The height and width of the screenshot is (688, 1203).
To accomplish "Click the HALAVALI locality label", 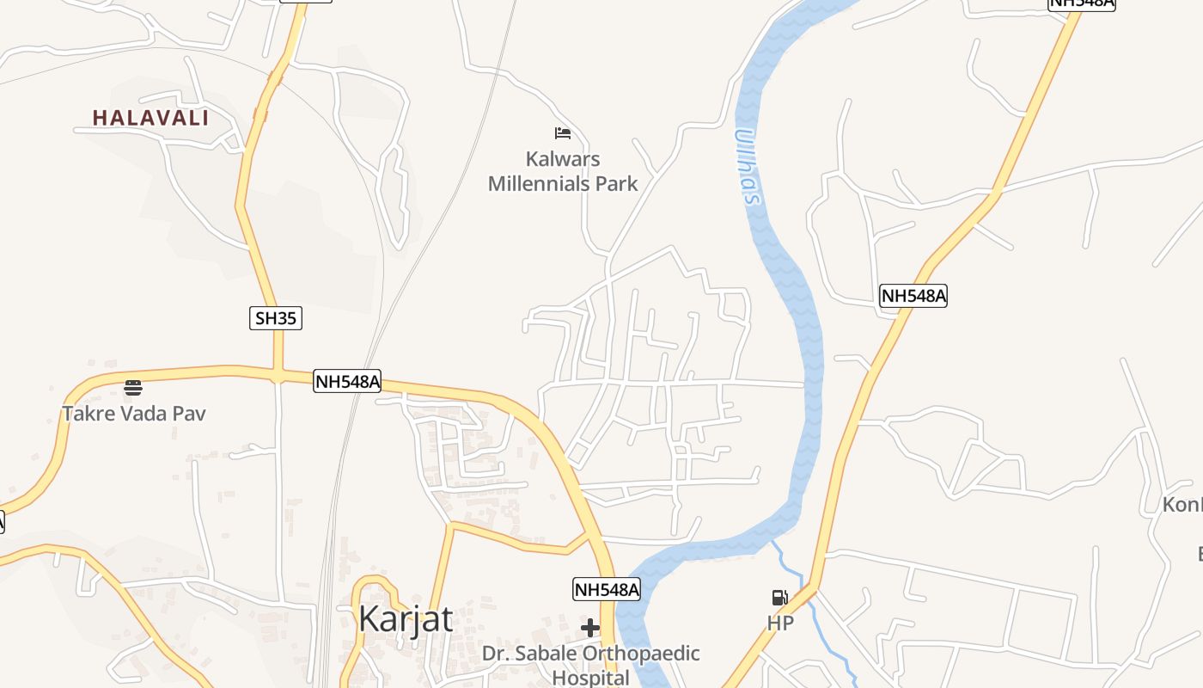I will pos(150,118).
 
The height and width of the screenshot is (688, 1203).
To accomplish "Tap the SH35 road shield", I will pos(277,318).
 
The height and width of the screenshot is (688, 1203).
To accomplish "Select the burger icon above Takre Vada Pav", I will pos(132,388).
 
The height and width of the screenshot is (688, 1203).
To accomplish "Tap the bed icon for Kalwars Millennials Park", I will pos(563,132).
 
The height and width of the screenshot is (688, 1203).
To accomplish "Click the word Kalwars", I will pos(563,159).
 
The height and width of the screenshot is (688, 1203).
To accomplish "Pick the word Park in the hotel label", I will pos(619,183).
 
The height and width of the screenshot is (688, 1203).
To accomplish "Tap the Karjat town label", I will pos(406,618).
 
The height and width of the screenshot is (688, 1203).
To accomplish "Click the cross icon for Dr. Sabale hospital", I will pos(590,628).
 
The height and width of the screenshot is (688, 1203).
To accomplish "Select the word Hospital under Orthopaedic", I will pos(590,677).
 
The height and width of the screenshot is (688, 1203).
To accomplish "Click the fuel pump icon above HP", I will pos(779,598).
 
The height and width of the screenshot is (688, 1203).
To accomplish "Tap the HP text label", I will pos(780,623).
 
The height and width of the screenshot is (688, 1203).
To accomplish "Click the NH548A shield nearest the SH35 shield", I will pos(347,381).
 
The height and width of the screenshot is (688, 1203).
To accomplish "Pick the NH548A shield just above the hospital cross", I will pos(607,589).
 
